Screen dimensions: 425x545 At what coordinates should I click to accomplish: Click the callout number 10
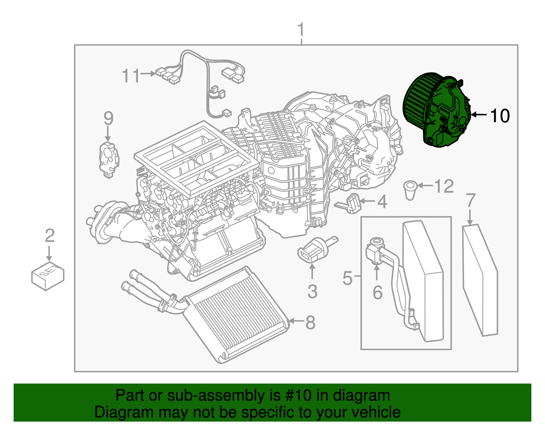click(x=500, y=116)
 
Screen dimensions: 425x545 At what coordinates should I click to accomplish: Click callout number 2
click(x=50, y=235)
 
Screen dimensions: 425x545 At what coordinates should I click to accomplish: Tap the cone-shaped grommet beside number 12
click(x=410, y=190)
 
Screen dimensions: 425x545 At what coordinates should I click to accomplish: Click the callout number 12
click(x=444, y=186)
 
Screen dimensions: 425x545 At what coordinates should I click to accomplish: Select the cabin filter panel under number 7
click(x=480, y=279)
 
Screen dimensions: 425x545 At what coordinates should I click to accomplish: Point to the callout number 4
click(x=382, y=202)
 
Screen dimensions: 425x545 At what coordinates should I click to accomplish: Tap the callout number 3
click(x=312, y=292)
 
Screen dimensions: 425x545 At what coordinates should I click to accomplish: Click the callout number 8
click(x=310, y=322)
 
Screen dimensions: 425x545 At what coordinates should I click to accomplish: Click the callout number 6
click(x=377, y=292)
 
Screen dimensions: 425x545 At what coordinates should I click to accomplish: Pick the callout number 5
click(x=347, y=278)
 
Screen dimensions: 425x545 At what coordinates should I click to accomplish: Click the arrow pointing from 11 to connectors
click(x=148, y=73)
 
